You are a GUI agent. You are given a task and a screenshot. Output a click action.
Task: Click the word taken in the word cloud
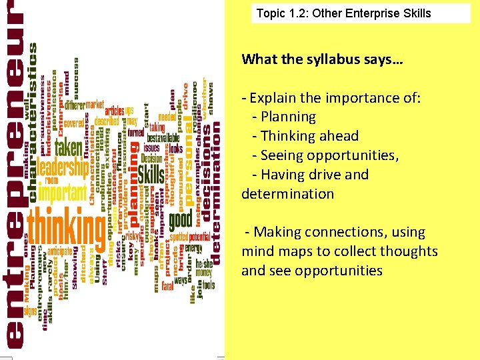click(x=69, y=147)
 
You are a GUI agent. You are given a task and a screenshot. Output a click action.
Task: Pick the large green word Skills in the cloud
click(x=151, y=175)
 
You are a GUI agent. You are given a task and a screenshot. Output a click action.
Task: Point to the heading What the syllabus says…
click(x=322, y=59)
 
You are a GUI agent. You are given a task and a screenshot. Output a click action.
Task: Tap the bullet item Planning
click(x=289, y=117)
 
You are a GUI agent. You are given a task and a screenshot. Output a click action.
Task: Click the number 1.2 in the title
click(x=301, y=13)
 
